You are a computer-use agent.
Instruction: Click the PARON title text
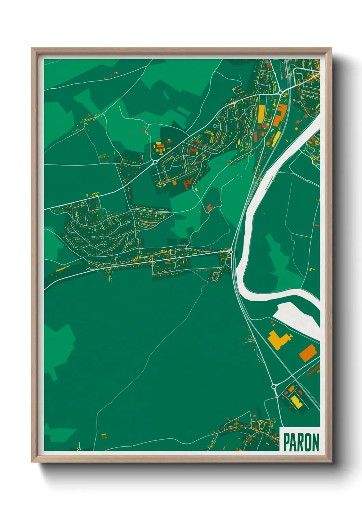[x=301, y=443]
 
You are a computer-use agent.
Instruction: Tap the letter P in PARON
[x=287, y=443]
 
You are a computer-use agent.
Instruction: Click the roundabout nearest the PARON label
[x=274, y=386]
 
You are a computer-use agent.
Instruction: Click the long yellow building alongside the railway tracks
[x=275, y=139]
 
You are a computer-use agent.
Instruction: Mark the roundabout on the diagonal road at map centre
[x=155, y=162]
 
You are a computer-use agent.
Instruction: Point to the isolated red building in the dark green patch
[x=209, y=207]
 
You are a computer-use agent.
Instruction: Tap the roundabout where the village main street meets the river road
[x=231, y=252]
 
